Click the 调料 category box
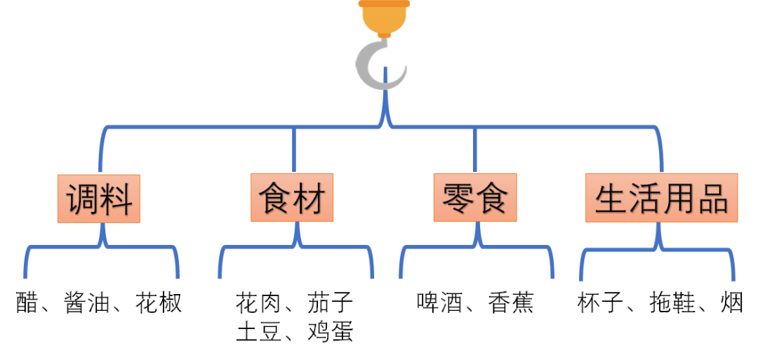[99, 199]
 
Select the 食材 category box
[292, 199]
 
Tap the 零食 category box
[475, 199]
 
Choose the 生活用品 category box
[662, 199]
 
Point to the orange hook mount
[383, 17]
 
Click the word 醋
[27, 302]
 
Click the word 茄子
[331, 302]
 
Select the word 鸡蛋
[331, 331]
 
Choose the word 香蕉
[511, 302]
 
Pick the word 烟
[732, 302]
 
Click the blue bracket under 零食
[475, 247]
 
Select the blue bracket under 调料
[102, 247]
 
